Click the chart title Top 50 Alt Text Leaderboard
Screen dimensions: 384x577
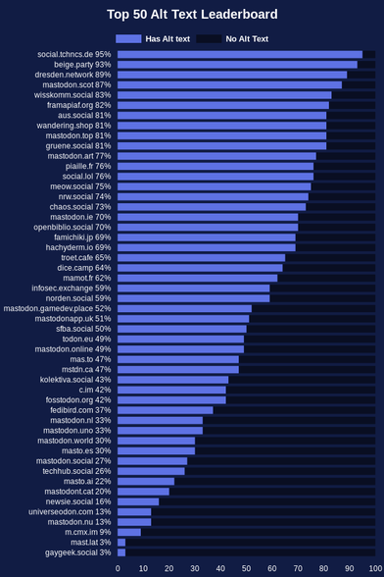(x=192, y=15)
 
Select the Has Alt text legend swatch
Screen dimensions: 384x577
(x=128, y=38)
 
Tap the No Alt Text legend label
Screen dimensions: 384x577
(x=247, y=39)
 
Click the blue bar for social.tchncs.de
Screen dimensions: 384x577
(x=240, y=55)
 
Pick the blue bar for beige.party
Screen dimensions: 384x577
(x=237, y=65)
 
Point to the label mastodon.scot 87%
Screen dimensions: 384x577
(x=76, y=85)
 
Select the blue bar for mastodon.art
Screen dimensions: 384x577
(x=216, y=156)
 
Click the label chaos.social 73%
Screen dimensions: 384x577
(x=80, y=207)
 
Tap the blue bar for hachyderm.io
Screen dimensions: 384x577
(x=207, y=247)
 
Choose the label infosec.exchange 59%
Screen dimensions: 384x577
(x=71, y=288)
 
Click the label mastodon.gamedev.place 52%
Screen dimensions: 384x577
(x=57, y=308)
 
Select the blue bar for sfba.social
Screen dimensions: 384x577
(x=182, y=329)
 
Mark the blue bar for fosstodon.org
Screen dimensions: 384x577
(x=171, y=400)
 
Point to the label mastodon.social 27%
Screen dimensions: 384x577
(x=73, y=461)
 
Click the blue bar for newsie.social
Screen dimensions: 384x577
(x=138, y=501)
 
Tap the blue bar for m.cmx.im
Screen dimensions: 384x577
(x=129, y=532)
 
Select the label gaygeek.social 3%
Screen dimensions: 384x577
(x=77, y=552)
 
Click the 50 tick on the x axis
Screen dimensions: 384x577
(x=246, y=568)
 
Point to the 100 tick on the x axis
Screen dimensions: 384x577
(x=375, y=568)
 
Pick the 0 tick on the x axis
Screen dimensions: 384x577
(x=118, y=568)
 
